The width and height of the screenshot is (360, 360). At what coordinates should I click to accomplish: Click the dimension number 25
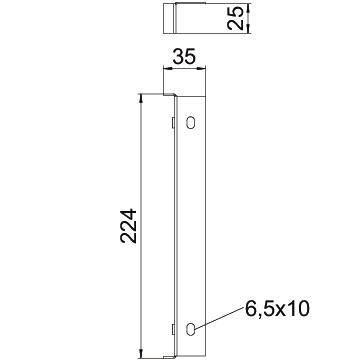235,19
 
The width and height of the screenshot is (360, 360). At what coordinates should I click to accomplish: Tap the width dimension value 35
184,57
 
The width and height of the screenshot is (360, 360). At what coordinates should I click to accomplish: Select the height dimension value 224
129,226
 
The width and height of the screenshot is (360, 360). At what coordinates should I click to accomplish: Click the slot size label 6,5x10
277,309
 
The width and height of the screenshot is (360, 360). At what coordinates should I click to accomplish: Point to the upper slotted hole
190,122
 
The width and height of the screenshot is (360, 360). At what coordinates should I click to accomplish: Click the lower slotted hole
190,329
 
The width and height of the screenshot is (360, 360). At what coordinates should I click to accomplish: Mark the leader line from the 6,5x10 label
220,318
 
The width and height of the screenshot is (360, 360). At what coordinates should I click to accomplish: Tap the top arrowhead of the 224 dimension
141,99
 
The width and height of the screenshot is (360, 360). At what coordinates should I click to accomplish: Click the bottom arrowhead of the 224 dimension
141,354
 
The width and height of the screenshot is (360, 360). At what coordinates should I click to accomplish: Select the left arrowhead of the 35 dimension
167,69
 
